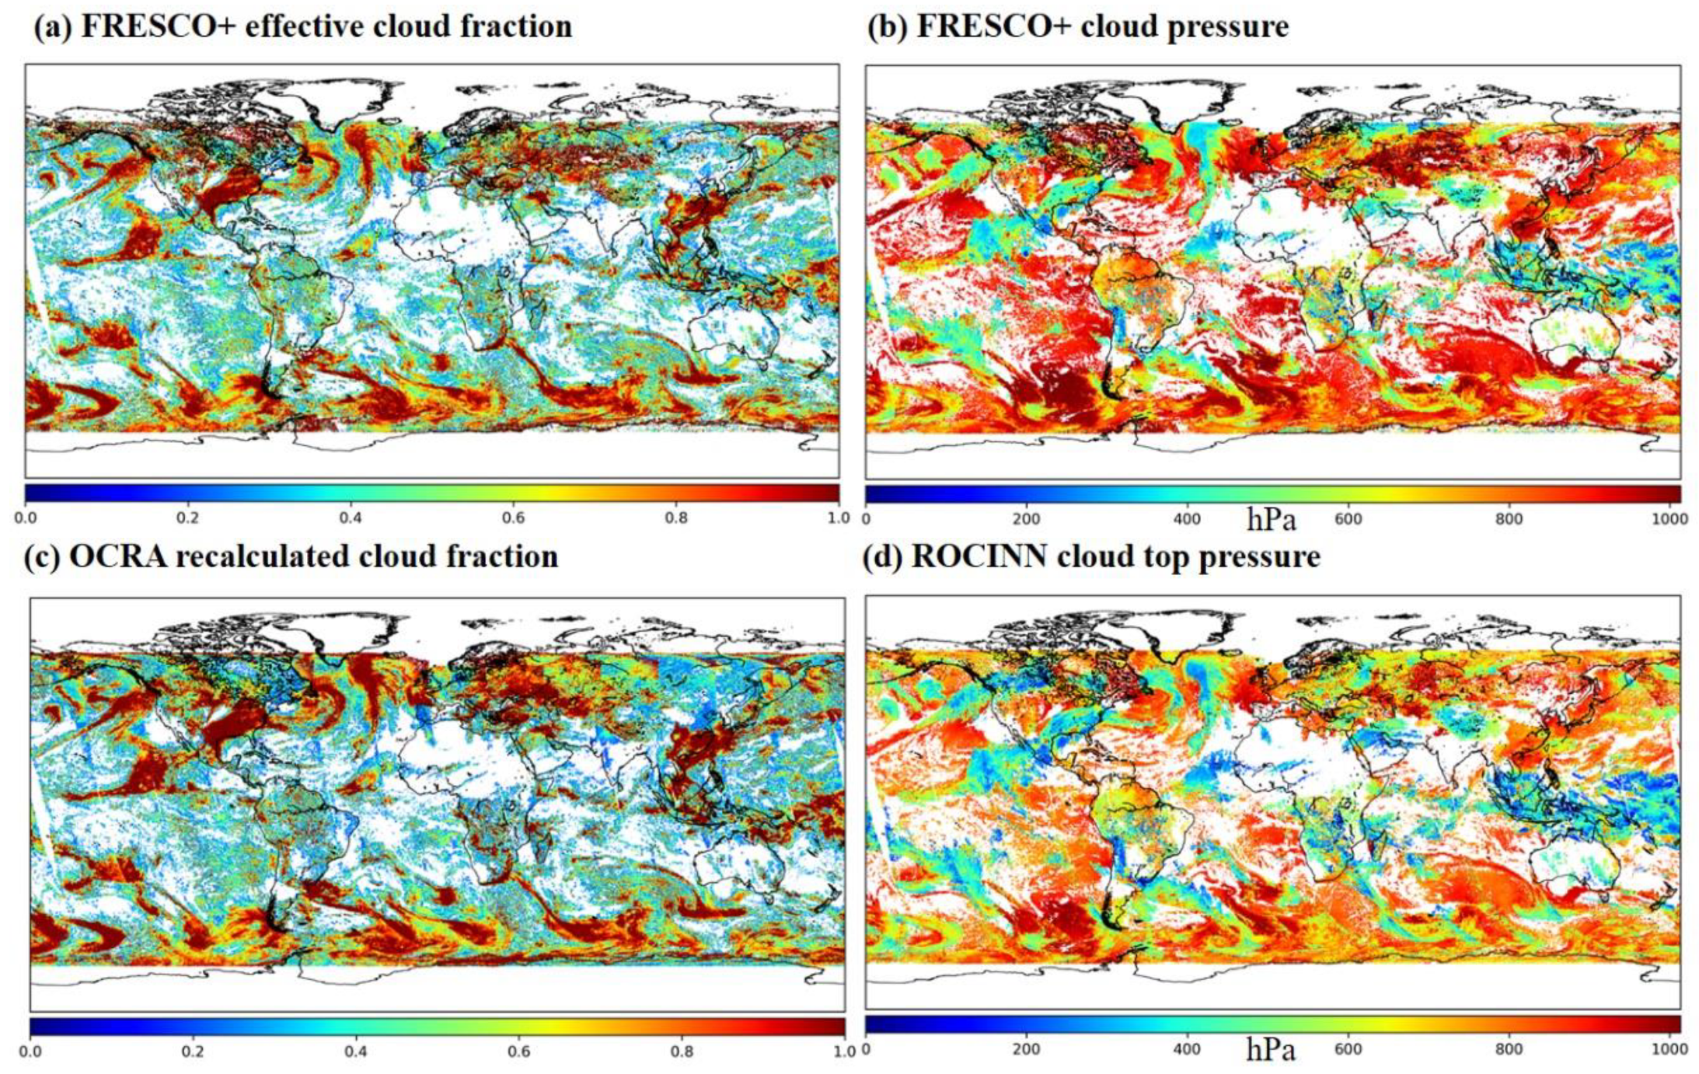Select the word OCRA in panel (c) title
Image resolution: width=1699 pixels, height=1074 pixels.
[117, 556]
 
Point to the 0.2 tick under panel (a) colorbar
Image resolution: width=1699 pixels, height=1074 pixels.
[187, 518]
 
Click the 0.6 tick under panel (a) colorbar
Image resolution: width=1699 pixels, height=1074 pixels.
[513, 518]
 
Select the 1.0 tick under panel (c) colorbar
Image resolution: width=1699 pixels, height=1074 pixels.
[844, 1051]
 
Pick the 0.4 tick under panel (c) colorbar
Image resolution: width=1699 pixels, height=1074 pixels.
[356, 1051]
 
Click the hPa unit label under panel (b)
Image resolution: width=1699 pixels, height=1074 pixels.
[1271, 519]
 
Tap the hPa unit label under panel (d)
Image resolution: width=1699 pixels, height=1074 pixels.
[1271, 1050]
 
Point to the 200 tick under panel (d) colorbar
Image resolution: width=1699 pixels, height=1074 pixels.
[1026, 1049]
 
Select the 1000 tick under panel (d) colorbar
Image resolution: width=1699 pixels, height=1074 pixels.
[1669, 1049]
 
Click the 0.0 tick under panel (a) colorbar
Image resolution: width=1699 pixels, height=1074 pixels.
[26, 518]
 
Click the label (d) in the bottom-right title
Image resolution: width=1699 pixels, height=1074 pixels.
[882, 556]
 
